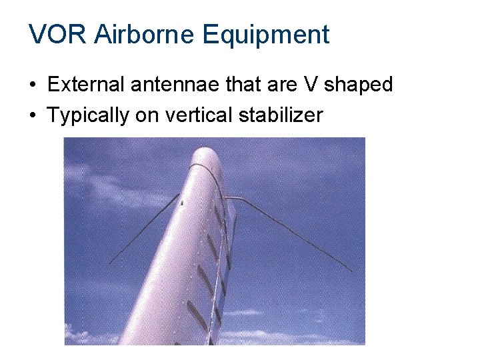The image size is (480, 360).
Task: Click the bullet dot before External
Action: [x=33, y=86]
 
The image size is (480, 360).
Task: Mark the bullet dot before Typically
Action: [x=33, y=115]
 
